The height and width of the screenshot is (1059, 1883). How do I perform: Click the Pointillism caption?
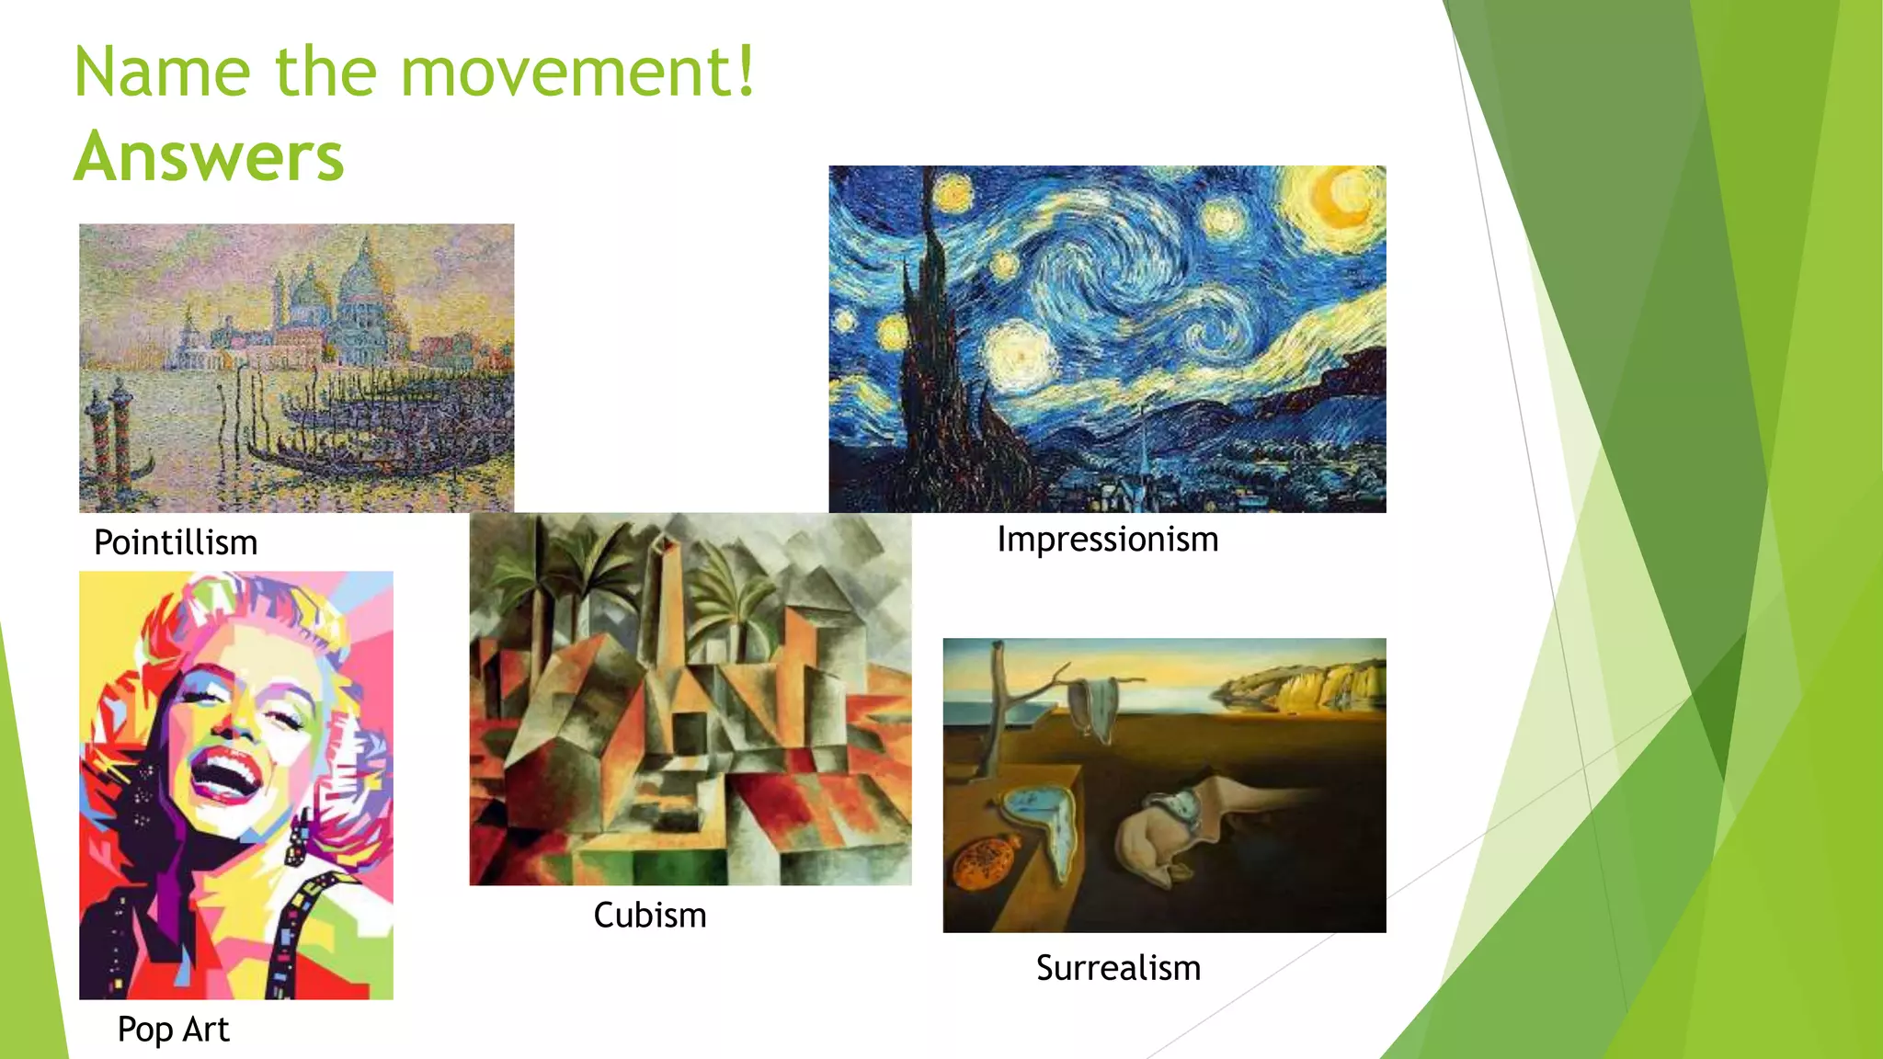(x=176, y=542)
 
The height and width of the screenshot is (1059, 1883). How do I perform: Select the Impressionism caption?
(x=1107, y=539)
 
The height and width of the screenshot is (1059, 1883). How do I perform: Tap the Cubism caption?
(x=649, y=915)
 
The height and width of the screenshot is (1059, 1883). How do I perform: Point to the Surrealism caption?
(x=1118, y=968)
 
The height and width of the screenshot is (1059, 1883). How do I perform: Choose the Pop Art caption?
(x=173, y=1029)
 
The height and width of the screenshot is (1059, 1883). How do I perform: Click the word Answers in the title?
(x=209, y=156)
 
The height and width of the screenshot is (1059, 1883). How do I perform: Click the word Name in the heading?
(x=162, y=71)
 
